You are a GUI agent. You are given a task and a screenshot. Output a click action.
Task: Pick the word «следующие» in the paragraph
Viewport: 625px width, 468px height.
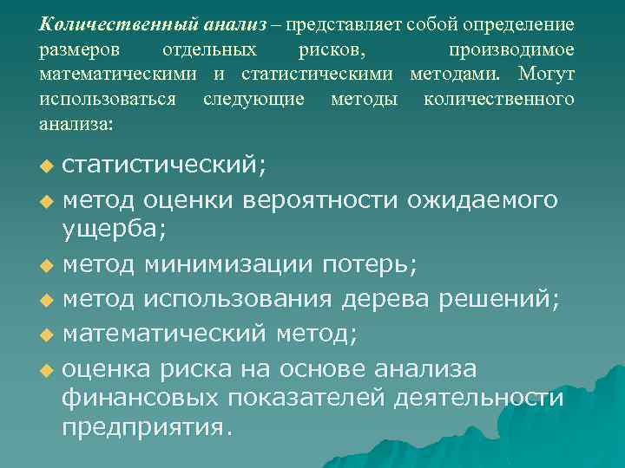point(253,99)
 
